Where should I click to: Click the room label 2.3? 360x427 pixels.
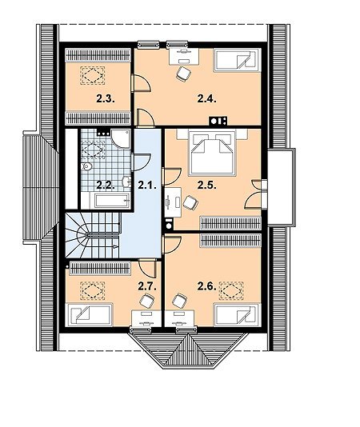click(106, 99)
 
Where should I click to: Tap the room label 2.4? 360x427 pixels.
click(207, 99)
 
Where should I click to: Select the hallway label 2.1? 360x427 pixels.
click(147, 186)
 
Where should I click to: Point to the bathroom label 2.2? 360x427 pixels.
click(105, 186)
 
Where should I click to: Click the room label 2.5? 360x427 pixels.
click(207, 186)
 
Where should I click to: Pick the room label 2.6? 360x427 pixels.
click(207, 286)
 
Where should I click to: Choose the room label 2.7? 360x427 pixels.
click(147, 286)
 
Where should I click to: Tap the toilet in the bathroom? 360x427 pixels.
click(86, 166)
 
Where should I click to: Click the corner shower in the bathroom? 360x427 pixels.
click(121, 139)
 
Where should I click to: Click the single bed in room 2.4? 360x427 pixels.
click(236, 60)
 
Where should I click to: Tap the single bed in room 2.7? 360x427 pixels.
click(90, 314)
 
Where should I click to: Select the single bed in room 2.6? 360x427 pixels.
click(237, 314)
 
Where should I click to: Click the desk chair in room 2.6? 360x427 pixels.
click(179, 301)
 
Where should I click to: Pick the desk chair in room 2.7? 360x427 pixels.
click(147, 301)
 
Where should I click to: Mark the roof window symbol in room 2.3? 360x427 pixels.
click(92, 75)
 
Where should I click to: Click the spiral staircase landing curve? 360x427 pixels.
click(82, 235)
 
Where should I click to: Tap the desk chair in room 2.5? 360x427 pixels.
click(190, 202)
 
